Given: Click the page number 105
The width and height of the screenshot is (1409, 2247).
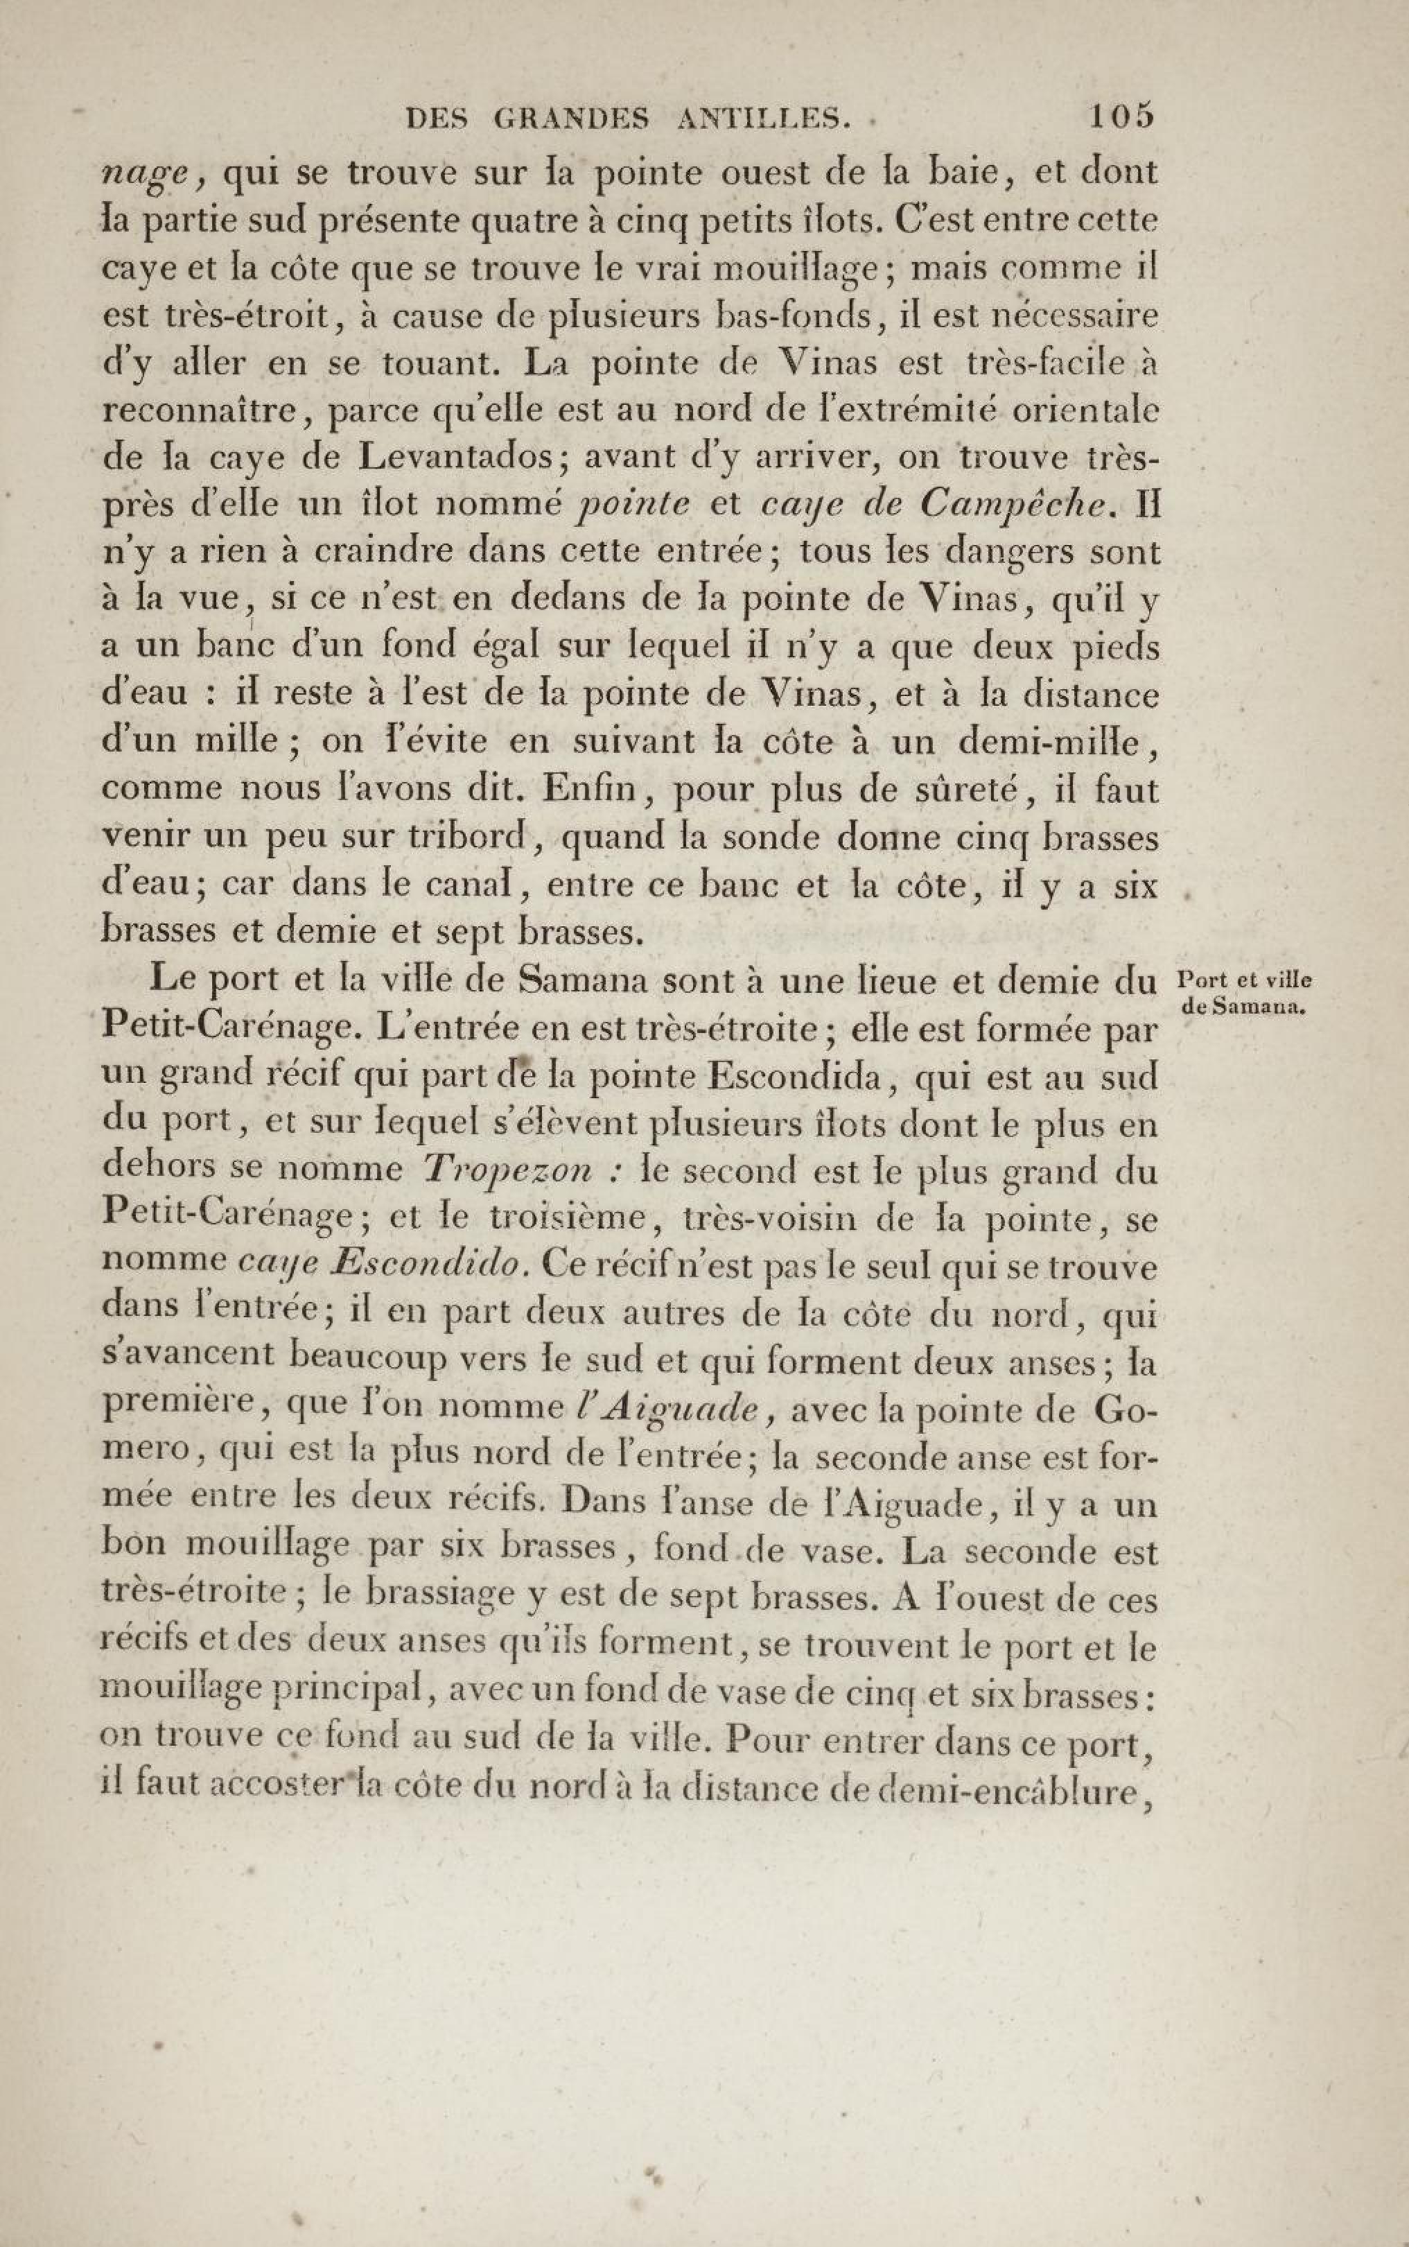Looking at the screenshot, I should pos(1121,116).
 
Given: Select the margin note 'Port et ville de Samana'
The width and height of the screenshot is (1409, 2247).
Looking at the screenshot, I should pos(1244,994).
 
